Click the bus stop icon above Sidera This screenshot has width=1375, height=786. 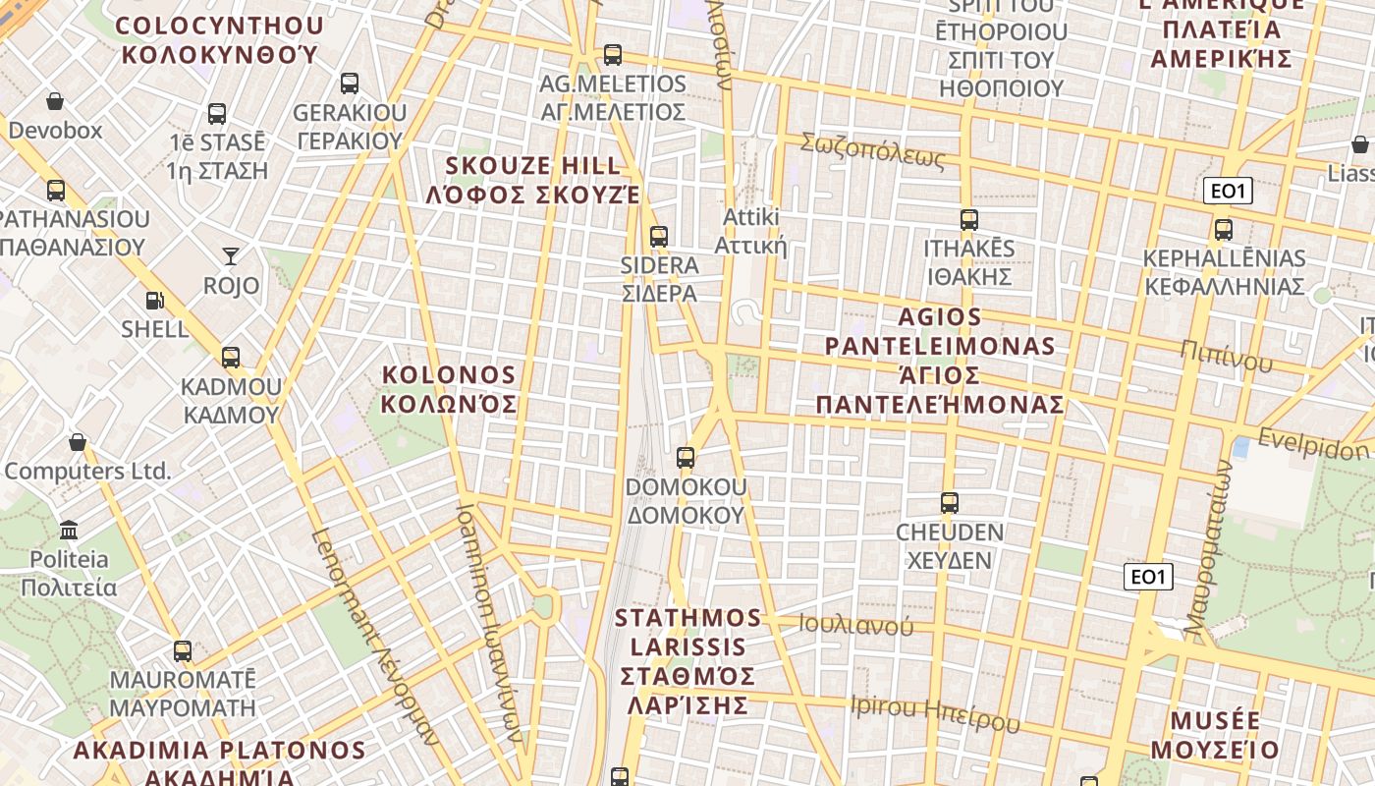pyautogui.click(x=659, y=237)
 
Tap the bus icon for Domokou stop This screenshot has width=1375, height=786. pyautogui.click(x=686, y=458)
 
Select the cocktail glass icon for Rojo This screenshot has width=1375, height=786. pyautogui.click(x=231, y=256)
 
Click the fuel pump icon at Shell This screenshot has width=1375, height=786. pyautogui.click(x=154, y=301)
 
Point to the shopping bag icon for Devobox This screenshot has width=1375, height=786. pyautogui.click(x=55, y=101)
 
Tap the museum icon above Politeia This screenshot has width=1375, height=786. pyautogui.click(x=69, y=531)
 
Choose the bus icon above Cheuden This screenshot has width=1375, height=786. pyautogui.click(x=949, y=503)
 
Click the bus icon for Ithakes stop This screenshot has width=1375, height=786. pyautogui.click(x=968, y=220)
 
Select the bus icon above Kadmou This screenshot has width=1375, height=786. pyautogui.click(x=231, y=358)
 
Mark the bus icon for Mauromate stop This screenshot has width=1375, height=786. pyautogui.click(x=183, y=650)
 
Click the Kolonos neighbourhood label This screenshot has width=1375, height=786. pyautogui.click(x=449, y=389)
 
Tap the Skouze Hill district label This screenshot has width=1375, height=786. pyautogui.click(x=533, y=180)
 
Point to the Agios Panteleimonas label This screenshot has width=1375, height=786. pyautogui.click(x=940, y=361)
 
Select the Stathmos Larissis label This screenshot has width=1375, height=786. pyautogui.click(x=688, y=661)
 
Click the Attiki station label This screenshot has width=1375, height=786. pyautogui.click(x=751, y=231)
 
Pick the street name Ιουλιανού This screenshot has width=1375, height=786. pyautogui.click(x=855, y=625)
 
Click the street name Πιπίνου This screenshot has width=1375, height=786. pyautogui.click(x=1227, y=357)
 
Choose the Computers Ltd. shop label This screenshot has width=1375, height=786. pyautogui.click(x=87, y=472)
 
